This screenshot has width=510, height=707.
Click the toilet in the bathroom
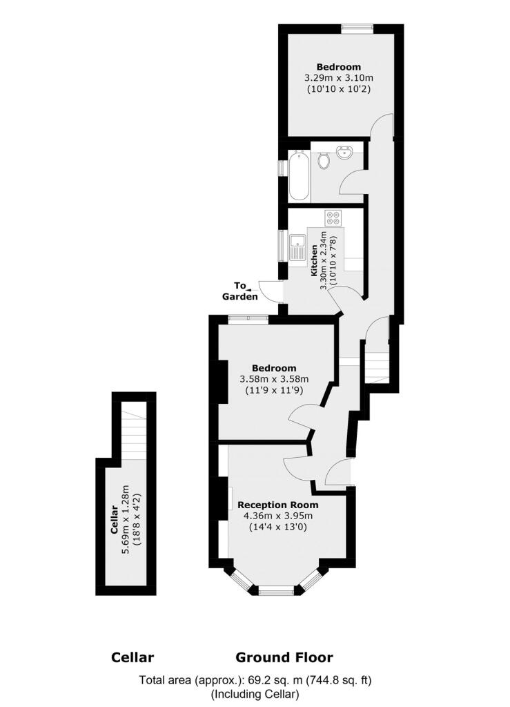click(324, 161)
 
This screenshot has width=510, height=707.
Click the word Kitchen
click(314, 260)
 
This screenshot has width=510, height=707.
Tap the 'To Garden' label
click(240, 291)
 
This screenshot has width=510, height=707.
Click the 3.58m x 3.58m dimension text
click(274, 379)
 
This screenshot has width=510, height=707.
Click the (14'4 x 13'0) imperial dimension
click(275, 527)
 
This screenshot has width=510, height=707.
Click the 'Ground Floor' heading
click(284, 657)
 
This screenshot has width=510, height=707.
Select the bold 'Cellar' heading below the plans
click(133, 657)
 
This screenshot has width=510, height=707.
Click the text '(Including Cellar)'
click(255, 694)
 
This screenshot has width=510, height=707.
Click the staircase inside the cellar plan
click(133, 432)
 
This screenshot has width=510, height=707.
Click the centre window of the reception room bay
click(277, 590)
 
